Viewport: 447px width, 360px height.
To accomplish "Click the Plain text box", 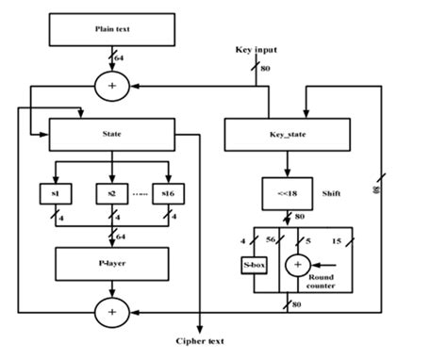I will pos(112,29).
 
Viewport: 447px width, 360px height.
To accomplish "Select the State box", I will pos(112,134).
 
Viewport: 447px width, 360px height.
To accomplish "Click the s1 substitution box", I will pos(56,193).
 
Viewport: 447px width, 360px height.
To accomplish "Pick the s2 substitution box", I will pos(111,193).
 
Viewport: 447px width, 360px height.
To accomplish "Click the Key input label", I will pos(257,49).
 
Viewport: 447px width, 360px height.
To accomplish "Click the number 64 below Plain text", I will pos(119,59).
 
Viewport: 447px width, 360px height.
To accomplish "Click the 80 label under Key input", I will pos(267,69).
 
